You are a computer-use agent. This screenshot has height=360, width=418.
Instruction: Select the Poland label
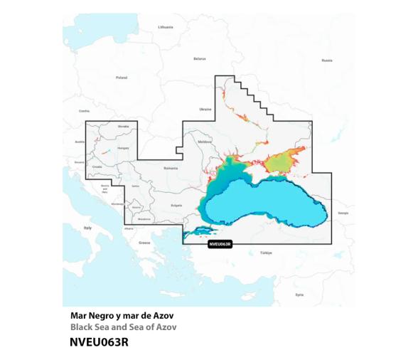point(121,77)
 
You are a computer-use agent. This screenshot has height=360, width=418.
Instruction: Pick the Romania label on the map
point(170,169)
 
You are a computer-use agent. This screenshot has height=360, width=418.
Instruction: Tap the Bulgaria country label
point(176,205)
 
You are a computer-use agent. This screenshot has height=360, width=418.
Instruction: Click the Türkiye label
point(266,253)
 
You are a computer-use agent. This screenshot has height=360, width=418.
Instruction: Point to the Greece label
point(144,243)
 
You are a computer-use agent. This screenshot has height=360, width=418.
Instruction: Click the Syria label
point(299,294)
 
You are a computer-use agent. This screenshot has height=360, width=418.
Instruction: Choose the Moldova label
point(205,142)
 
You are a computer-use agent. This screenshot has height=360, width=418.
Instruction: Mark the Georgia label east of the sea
point(343,213)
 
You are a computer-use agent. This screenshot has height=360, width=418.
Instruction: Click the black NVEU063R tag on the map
point(219,244)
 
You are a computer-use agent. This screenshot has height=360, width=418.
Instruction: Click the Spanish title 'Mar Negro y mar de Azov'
point(122,315)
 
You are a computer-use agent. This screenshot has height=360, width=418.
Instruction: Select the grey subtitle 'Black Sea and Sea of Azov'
point(123,327)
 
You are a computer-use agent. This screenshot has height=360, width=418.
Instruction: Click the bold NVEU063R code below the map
point(99,342)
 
